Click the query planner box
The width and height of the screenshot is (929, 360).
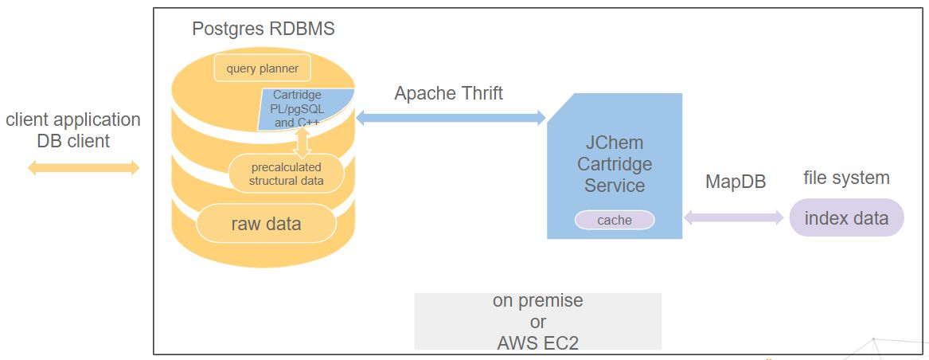[262, 68]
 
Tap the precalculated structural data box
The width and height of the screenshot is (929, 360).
[287, 174]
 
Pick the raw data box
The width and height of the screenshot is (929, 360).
[266, 224]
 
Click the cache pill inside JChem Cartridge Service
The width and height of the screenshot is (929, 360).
[615, 220]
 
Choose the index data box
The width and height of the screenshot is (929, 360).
[846, 218]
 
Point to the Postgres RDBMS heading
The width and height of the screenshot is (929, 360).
[263, 29]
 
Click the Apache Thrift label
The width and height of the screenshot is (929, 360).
[449, 93]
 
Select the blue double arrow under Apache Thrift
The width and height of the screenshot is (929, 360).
[451, 118]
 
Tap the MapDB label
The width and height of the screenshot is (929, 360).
[736, 182]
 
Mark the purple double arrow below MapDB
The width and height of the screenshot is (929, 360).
[734, 217]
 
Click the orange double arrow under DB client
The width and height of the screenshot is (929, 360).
[84, 167]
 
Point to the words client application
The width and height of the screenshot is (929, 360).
[73, 120]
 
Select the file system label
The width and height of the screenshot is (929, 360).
[846, 178]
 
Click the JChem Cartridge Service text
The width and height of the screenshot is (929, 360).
[615, 164]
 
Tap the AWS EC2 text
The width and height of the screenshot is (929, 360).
[537, 342]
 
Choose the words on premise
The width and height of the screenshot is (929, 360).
[537, 301]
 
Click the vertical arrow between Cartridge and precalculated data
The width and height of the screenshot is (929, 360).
[302, 142]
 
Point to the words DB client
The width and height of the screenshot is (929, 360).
[73, 142]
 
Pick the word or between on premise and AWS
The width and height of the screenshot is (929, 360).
[537, 322]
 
